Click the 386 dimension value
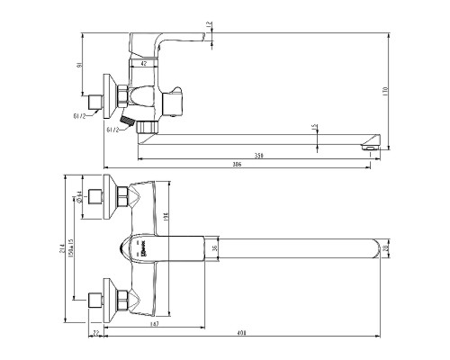[238, 165]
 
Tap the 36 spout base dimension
[214, 247]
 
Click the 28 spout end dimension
[385, 247]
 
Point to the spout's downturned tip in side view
[368, 144]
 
